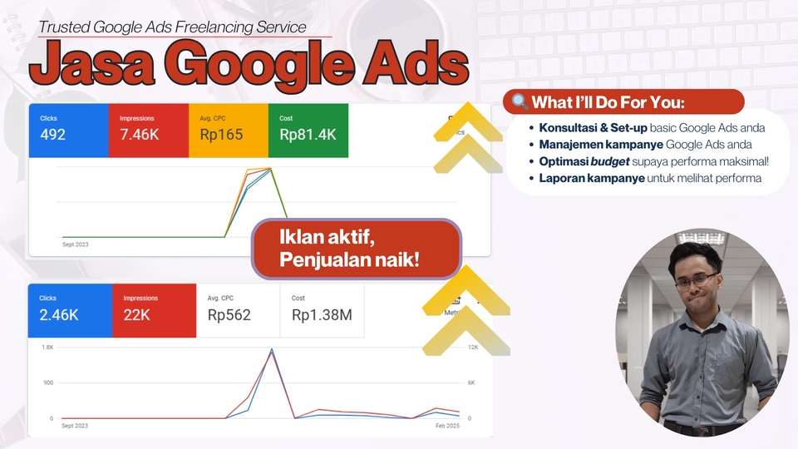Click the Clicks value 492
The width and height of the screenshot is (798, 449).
[52, 135]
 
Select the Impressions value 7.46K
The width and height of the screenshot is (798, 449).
[139, 135]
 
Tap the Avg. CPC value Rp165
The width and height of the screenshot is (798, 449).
[221, 135]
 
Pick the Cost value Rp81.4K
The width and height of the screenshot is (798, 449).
[308, 135]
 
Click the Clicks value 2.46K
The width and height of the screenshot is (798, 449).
[58, 315]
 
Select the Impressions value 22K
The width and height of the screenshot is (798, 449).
[136, 315]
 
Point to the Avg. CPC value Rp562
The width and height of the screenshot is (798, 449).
[229, 315]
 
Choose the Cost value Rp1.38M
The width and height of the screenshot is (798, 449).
[322, 315]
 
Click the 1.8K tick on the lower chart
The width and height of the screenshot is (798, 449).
[48, 346]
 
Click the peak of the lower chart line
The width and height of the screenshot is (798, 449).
[271, 350]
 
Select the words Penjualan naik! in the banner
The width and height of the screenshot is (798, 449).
[349, 260]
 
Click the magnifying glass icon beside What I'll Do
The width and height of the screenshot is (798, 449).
[520, 102]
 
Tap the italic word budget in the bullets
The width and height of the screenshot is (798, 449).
[607, 161]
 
